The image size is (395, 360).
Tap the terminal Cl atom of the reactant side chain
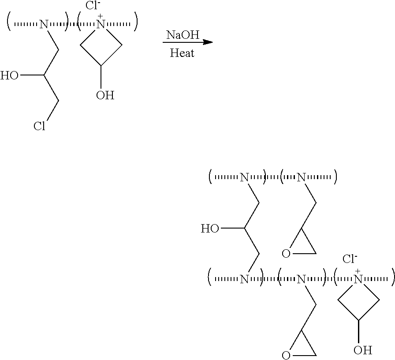(x=40, y=127)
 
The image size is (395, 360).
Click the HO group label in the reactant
(x=10, y=76)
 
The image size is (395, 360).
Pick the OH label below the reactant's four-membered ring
(x=105, y=95)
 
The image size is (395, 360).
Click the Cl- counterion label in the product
(x=350, y=259)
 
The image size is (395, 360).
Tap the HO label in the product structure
(x=210, y=229)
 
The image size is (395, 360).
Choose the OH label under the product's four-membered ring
(x=363, y=351)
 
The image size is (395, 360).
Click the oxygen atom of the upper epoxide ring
(x=286, y=254)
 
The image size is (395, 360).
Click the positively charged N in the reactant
(x=101, y=25)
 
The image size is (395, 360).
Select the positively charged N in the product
(x=358, y=279)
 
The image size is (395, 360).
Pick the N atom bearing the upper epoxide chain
(x=302, y=177)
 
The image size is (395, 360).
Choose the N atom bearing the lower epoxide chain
(x=302, y=279)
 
